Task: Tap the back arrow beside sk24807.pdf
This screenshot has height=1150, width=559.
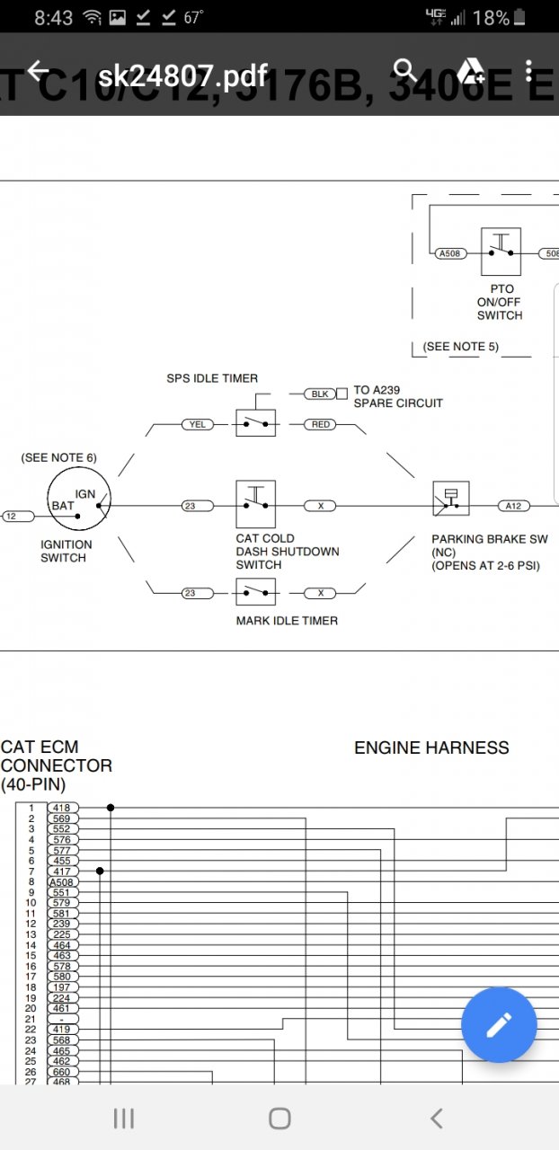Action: coord(38,72)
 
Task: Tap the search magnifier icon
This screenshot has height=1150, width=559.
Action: coord(406,70)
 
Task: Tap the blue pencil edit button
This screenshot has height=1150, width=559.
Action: coord(499,1024)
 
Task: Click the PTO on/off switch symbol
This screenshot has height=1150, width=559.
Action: coord(501,252)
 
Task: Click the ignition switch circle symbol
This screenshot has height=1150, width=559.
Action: coord(78,506)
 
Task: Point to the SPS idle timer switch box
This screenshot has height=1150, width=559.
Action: coord(256,422)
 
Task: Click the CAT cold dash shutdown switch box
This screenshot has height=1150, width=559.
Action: coord(256,505)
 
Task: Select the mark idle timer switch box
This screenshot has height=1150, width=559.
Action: coord(256,592)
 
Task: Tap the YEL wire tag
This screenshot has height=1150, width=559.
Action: coord(197,424)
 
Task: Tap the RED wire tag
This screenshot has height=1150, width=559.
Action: coord(321,424)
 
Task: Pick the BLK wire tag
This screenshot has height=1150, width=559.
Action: coord(319,394)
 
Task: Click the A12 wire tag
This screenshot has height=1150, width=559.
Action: coord(512,506)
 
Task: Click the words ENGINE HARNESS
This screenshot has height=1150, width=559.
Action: coord(431,747)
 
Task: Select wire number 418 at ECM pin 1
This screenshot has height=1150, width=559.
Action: coord(62,808)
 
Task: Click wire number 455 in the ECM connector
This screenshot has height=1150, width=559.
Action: coord(62,861)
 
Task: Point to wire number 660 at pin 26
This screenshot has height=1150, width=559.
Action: coord(62,1072)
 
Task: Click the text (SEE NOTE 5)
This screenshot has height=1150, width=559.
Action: coord(460,347)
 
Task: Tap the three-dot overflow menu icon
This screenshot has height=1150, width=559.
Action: coord(529,71)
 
